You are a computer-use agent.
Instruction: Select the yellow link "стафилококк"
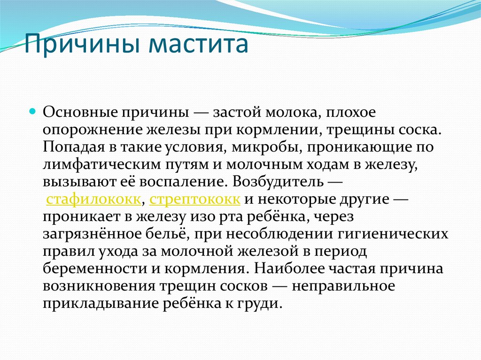click(x=93, y=199)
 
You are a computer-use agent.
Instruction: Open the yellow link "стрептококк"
click(x=195, y=199)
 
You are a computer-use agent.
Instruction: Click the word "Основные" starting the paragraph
click(x=80, y=112)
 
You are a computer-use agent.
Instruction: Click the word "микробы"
click(x=267, y=147)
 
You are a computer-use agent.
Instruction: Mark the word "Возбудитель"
click(x=278, y=182)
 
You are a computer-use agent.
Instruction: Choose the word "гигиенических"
click(x=393, y=234)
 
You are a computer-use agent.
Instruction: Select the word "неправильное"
click(x=343, y=286)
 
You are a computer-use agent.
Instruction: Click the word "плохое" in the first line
click(x=350, y=113)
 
